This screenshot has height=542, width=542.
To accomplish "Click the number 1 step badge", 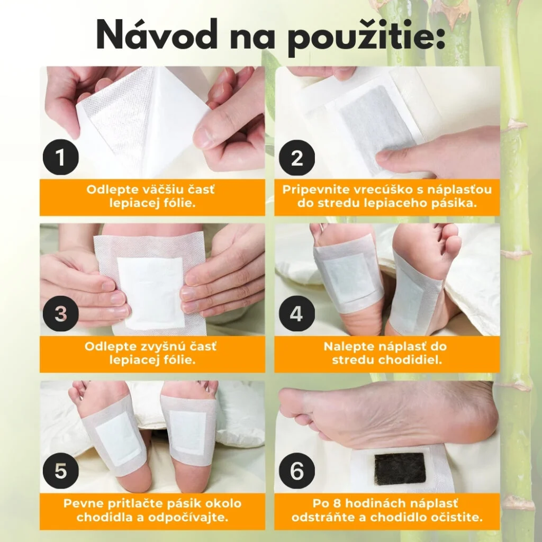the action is [x=61, y=157].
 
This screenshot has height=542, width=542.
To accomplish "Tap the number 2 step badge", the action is [x=296, y=157].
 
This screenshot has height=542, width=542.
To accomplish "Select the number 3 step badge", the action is [x=61, y=314].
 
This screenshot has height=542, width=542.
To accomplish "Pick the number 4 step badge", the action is [x=296, y=314].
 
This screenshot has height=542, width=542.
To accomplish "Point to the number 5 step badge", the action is [x=61, y=471].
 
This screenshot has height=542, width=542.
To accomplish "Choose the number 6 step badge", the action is [x=296, y=471].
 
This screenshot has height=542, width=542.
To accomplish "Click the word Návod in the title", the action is [x=157, y=34].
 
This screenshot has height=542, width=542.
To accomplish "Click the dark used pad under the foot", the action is [x=400, y=469].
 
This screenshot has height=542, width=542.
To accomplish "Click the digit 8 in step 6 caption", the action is [x=338, y=503].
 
